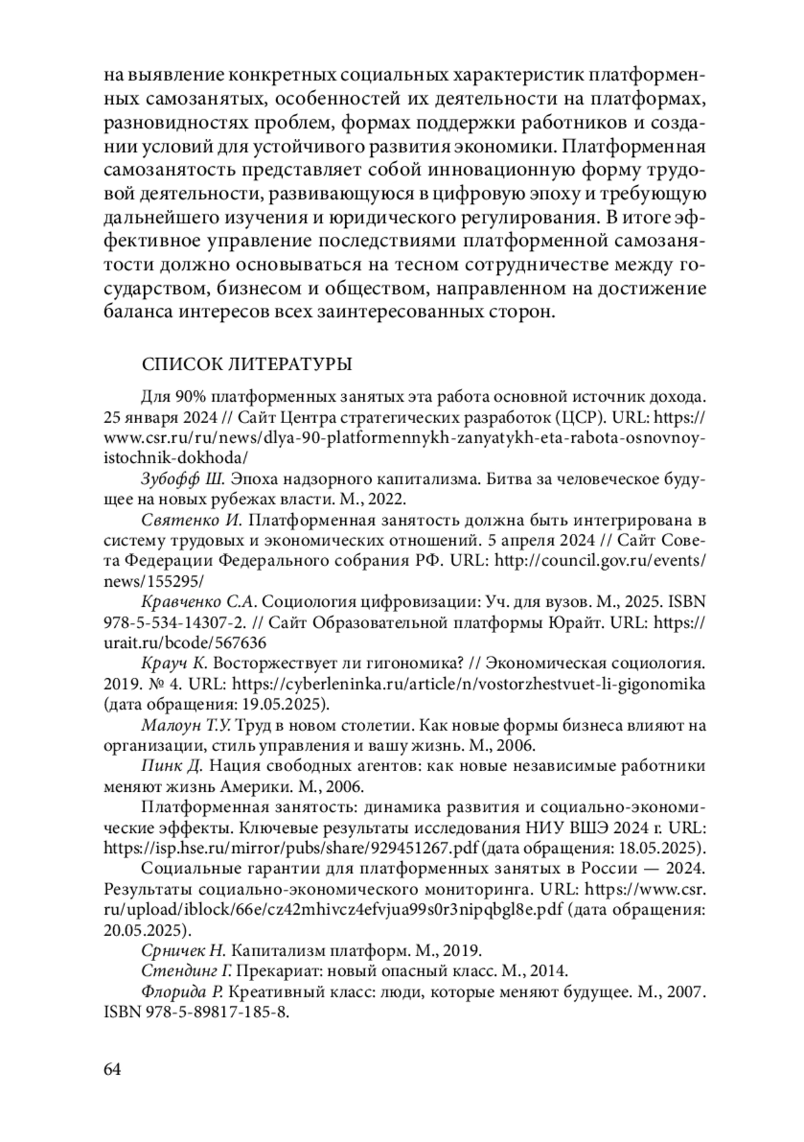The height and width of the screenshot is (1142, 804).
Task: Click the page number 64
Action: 113,1069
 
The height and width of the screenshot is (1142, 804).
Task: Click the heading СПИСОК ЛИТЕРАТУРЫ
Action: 247,365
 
